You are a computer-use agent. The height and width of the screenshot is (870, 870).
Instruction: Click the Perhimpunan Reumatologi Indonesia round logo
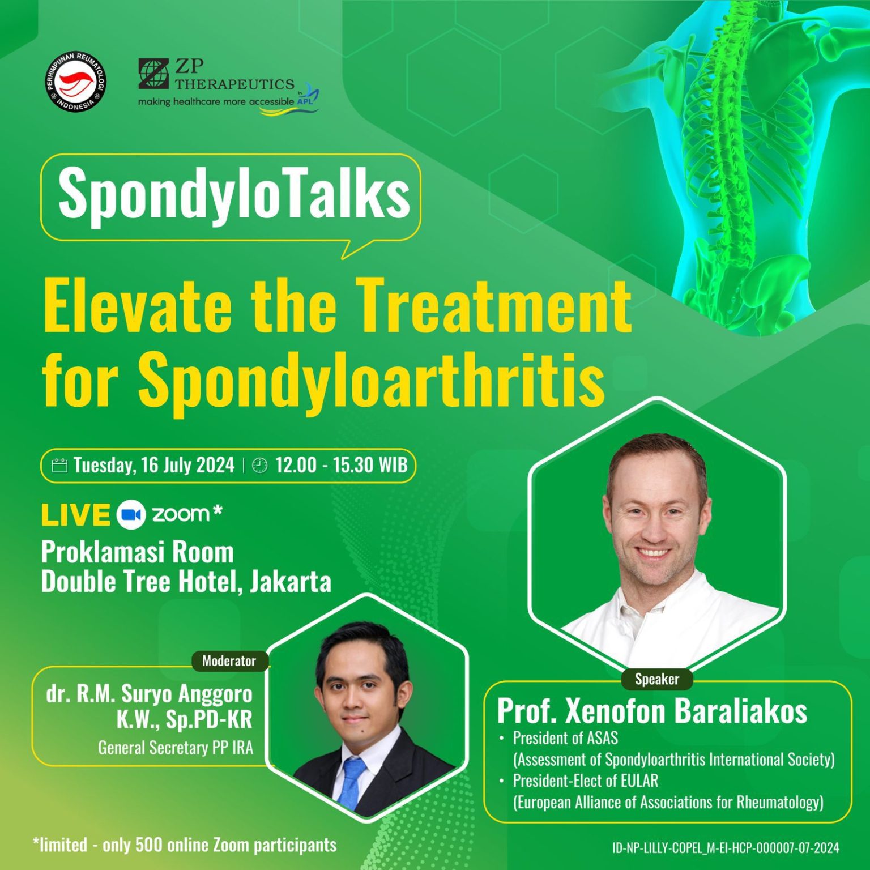point(75,84)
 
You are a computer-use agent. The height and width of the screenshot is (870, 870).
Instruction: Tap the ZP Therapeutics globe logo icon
point(153,74)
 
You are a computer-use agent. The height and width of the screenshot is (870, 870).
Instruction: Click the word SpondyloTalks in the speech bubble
point(234,194)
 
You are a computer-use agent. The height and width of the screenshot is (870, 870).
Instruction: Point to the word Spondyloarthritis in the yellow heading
point(372,378)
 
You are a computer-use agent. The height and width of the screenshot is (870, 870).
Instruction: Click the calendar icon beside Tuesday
point(59,466)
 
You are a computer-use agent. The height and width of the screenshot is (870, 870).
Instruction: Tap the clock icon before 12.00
point(259,466)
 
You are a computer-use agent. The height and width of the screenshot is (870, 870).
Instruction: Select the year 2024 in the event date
point(215,465)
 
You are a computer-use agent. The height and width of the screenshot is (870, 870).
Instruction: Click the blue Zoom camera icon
point(131,514)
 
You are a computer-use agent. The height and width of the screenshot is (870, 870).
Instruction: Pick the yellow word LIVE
point(75,514)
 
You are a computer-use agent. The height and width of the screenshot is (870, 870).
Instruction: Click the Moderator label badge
point(229,661)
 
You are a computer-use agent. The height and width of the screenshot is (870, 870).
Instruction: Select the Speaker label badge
point(656,679)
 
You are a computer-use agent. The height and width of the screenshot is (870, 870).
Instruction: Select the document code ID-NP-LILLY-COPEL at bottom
point(656,848)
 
